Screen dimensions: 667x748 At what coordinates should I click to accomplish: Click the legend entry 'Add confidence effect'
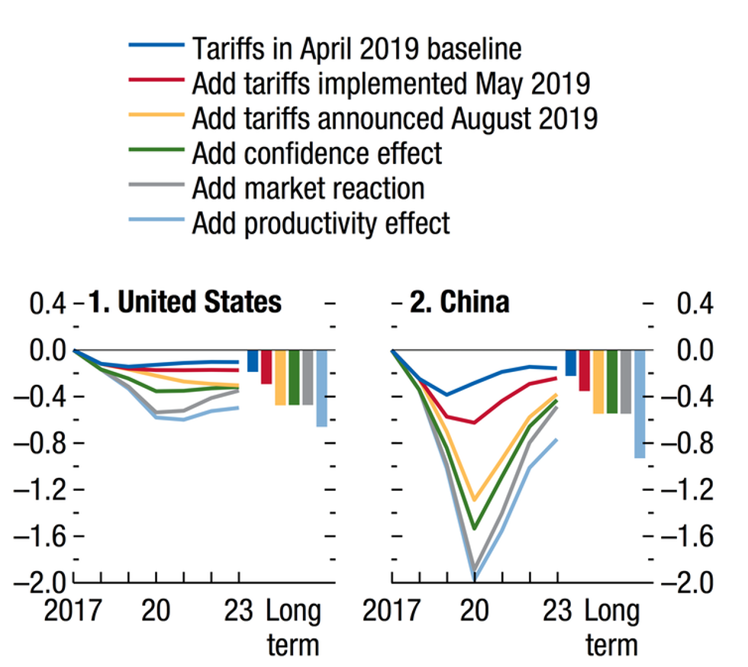coord(317,153)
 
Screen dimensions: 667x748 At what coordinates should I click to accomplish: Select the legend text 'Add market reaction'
coord(308,188)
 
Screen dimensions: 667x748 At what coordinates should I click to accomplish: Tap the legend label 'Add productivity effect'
coord(321,223)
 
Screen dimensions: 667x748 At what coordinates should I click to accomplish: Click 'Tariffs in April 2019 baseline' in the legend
coord(356,49)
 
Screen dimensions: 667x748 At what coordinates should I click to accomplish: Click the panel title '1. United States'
coord(185,303)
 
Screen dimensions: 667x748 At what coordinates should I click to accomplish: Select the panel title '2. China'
coord(459,303)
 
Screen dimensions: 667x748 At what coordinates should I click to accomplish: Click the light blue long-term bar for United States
coord(321,388)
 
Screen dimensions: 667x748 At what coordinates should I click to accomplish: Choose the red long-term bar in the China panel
coord(584,370)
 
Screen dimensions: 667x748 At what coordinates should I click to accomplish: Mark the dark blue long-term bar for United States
coord(253,361)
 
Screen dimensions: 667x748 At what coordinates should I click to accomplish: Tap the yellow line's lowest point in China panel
coord(475,500)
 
